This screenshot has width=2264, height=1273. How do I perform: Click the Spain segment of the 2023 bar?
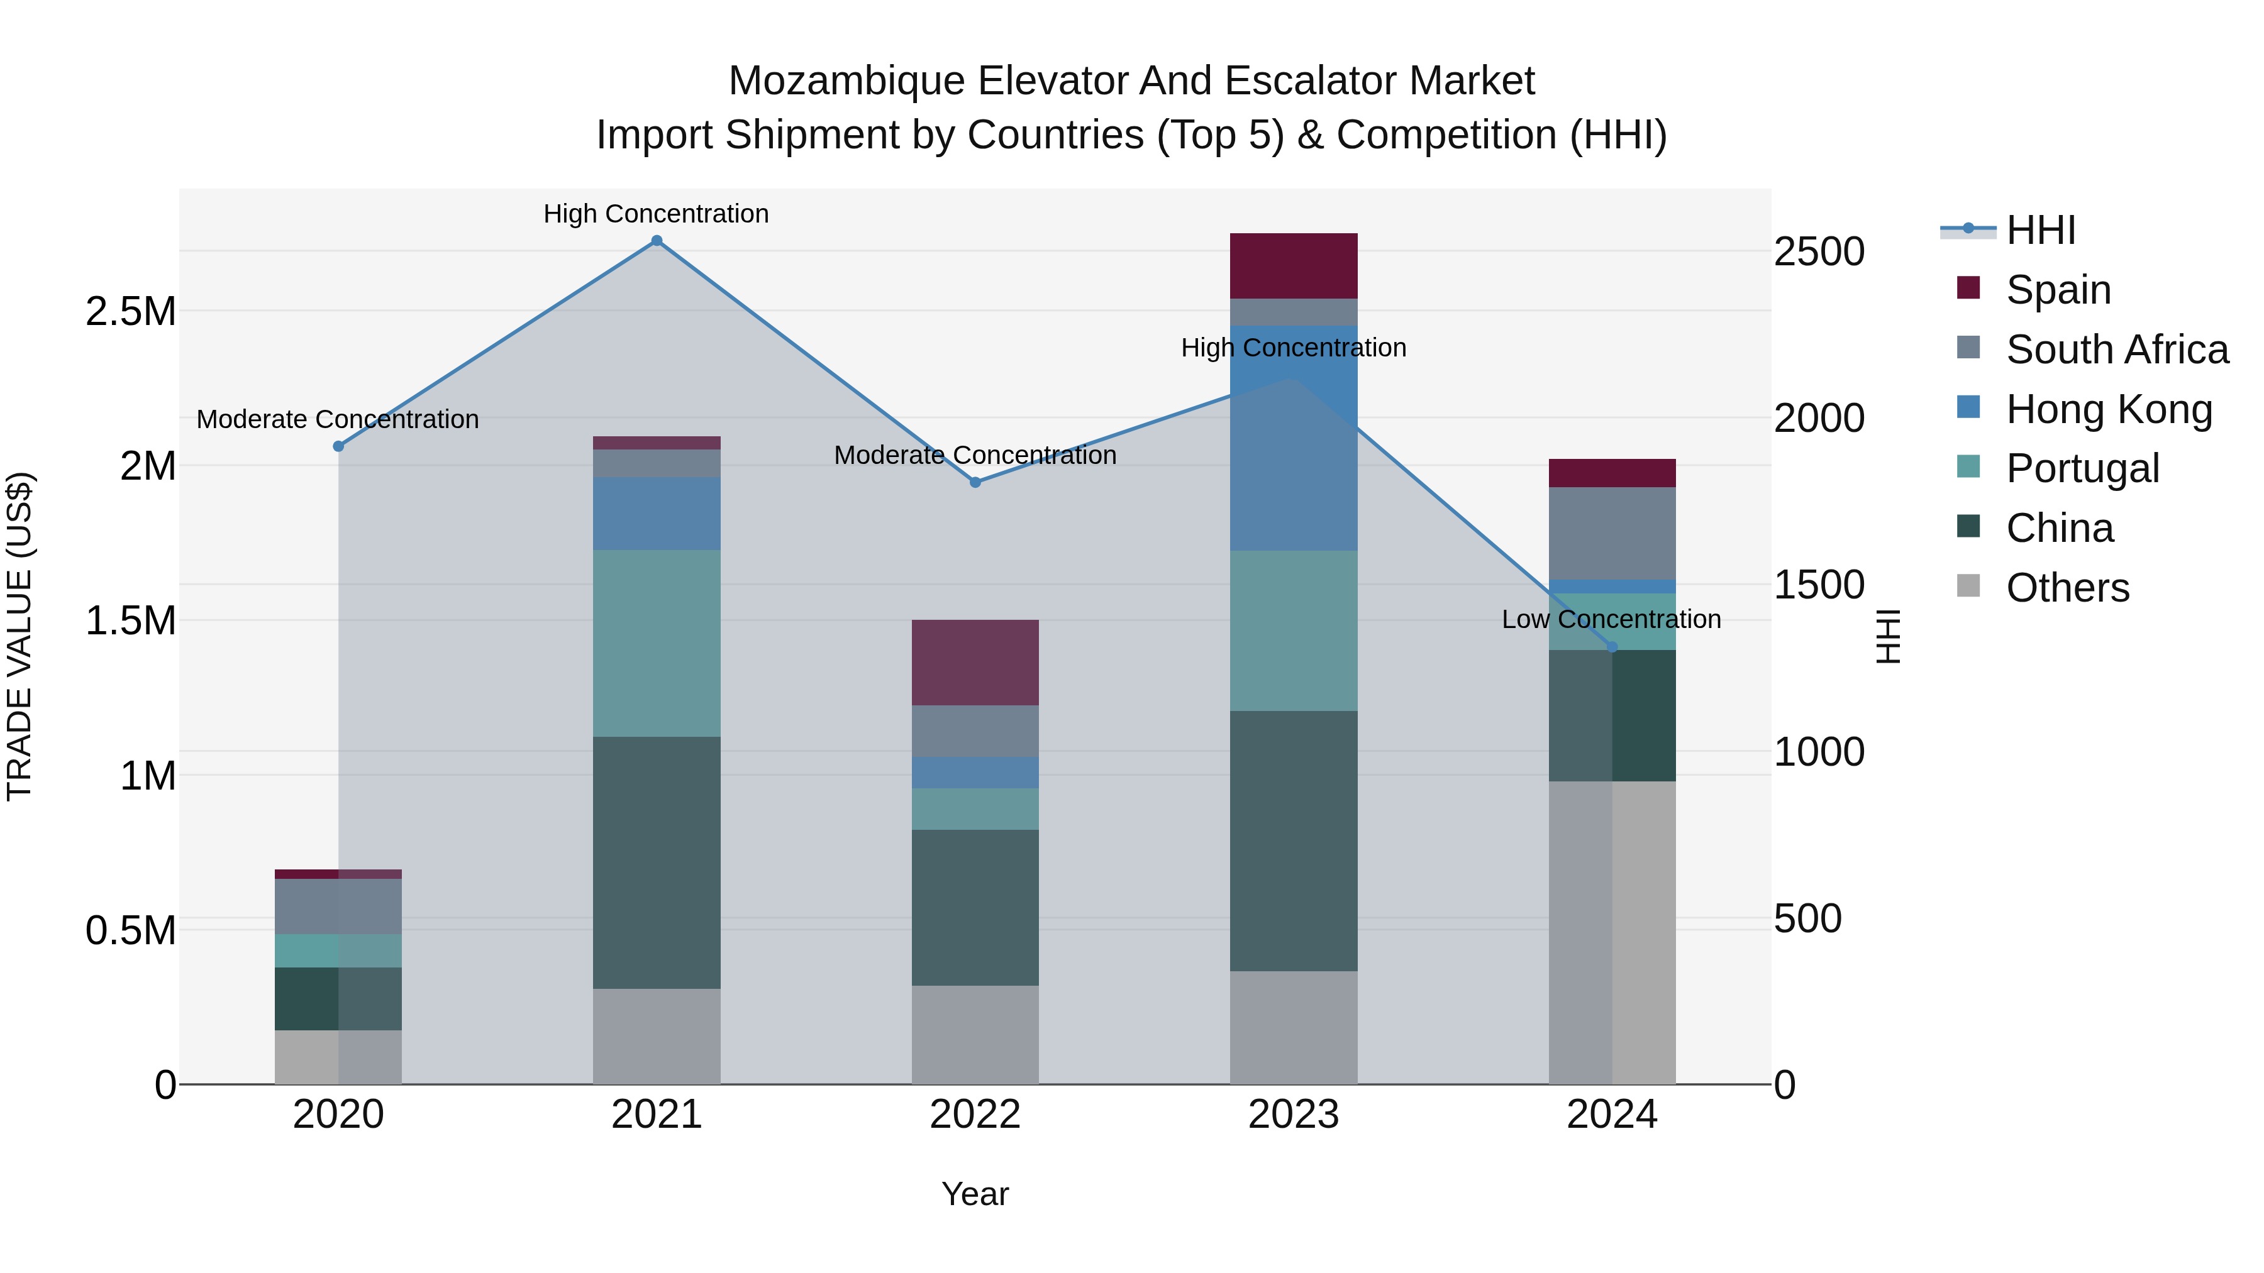coord(1293,265)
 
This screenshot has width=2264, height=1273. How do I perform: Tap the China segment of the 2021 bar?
coord(657,862)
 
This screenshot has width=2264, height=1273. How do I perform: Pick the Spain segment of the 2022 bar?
coord(975,663)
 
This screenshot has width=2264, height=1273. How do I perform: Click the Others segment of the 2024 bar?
coord(1611,931)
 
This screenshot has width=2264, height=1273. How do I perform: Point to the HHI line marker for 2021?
coord(657,241)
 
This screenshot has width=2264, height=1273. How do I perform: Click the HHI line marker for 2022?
coord(975,482)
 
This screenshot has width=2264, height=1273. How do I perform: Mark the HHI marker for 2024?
coord(1611,648)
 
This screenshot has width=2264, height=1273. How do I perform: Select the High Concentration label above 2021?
coord(656,214)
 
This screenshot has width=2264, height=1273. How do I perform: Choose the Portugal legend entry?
coord(2082,468)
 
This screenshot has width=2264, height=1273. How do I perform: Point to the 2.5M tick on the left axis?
coord(131,311)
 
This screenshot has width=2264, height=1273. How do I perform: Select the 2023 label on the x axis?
coord(1293,1115)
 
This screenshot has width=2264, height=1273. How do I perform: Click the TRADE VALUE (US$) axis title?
coord(19,636)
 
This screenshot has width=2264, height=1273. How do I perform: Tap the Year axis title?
coord(975,1194)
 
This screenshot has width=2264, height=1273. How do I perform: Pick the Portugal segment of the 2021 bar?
coord(657,643)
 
